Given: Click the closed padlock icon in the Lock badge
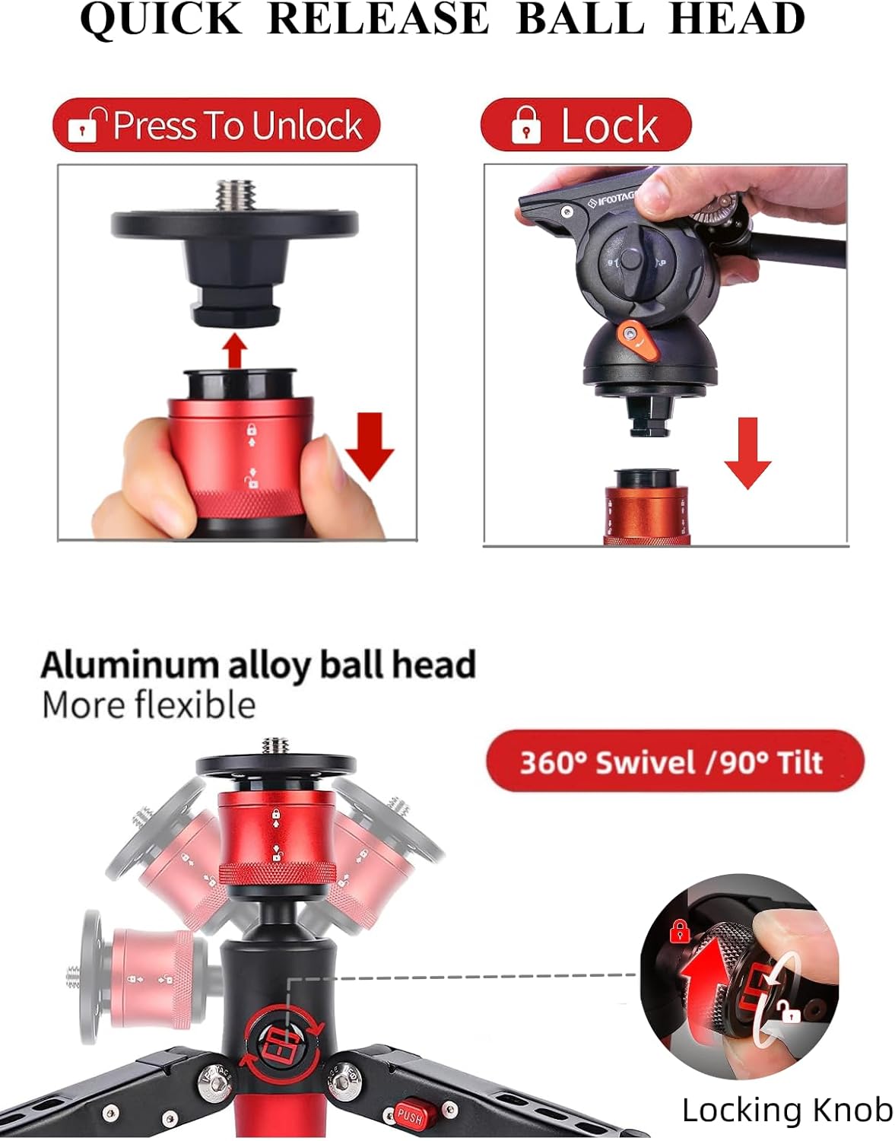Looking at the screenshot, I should (x=526, y=125).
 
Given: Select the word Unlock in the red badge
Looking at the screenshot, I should (x=306, y=126).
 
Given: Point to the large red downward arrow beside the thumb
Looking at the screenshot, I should (x=370, y=446).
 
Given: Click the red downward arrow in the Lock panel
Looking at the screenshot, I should (x=747, y=452).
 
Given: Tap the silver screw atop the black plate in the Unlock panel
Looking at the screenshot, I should (x=236, y=195).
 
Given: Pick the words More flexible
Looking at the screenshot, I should (x=148, y=705).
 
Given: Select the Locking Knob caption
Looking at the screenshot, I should (x=787, y=1110).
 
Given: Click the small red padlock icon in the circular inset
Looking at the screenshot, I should (x=679, y=930).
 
